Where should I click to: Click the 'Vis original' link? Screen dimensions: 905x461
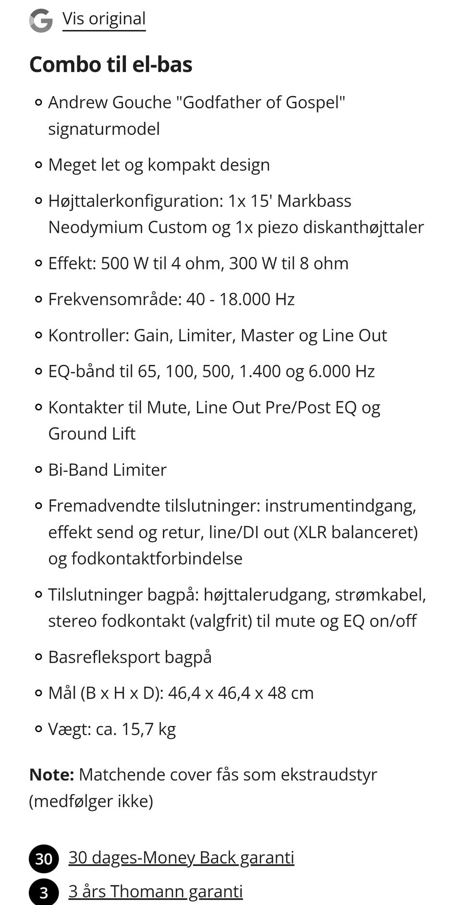(x=104, y=19)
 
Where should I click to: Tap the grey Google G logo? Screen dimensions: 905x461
(x=41, y=21)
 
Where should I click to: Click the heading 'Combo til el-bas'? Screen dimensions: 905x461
(x=110, y=64)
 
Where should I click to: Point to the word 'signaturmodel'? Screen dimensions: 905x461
(x=104, y=129)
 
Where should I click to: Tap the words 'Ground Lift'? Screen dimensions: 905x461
(x=92, y=434)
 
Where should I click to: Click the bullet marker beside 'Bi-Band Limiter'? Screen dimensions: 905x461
(x=39, y=470)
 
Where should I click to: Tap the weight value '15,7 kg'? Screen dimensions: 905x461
(x=149, y=729)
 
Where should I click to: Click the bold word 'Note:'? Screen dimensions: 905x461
(x=51, y=774)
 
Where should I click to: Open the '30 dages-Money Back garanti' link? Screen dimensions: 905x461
(x=181, y=857)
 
